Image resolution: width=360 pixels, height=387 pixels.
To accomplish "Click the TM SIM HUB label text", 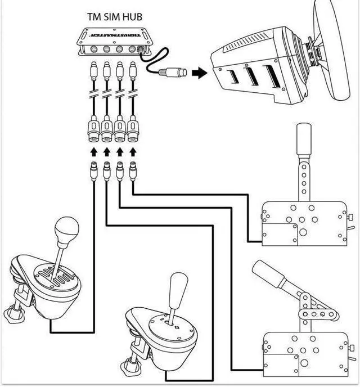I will pyautogui.click(x=114, y=16).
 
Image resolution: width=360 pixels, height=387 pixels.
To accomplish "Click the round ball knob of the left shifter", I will pyautogui.click(x=67, y=227).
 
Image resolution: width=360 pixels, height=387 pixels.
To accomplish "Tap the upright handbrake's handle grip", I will pyautogui.click(x=304, y=140).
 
